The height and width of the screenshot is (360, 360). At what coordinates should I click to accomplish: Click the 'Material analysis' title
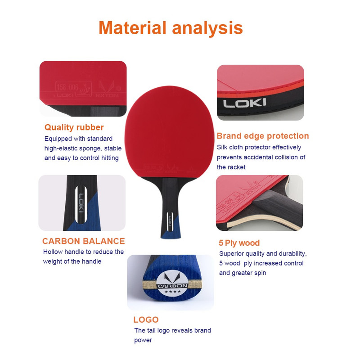coord(171,28)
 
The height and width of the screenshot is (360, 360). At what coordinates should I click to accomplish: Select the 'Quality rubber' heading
coord(74,127)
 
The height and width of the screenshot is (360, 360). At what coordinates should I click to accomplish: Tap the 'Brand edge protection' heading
coord(263,136)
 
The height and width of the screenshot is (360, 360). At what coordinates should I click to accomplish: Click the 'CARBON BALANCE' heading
coord(84,241)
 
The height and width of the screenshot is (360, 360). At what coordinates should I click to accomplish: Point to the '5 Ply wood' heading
coord(239,243)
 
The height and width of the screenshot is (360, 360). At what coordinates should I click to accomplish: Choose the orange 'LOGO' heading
coord(146,319)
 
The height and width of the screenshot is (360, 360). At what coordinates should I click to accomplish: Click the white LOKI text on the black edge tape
coord(245,103)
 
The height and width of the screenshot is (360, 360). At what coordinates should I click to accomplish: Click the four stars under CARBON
coord(173,292)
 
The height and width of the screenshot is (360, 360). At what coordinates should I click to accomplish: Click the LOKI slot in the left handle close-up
coord(81,204)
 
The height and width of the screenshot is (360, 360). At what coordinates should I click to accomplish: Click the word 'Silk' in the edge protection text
coord(222,147)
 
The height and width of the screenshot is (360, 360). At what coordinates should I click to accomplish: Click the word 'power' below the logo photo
coord(143,340)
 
